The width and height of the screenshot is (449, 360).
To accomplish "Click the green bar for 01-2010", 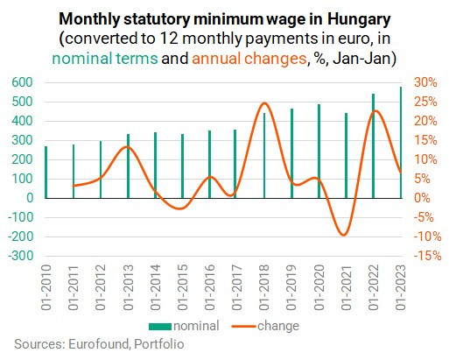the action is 46,173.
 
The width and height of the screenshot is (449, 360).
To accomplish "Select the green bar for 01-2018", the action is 264,156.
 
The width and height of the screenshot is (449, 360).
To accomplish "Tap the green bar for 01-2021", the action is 347,156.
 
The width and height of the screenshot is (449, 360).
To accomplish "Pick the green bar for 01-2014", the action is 155,166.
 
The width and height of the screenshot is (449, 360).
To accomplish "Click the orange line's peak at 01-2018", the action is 264,102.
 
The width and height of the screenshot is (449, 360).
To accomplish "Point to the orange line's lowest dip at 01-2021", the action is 344,235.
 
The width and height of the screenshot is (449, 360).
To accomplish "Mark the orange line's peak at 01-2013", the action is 127,146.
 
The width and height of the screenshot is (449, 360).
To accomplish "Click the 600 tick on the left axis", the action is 23,82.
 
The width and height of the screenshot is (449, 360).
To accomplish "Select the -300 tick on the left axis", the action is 21,256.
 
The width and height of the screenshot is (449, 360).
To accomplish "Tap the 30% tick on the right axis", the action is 426,82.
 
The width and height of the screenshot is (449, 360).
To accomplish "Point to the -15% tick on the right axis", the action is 428,256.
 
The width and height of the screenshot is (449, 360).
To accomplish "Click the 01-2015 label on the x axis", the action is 183,287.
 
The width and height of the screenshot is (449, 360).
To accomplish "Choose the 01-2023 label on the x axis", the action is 401,287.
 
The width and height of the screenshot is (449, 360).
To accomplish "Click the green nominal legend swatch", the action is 160,327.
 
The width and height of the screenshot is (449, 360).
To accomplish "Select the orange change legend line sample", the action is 243,327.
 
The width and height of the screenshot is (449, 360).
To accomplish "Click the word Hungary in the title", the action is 359,19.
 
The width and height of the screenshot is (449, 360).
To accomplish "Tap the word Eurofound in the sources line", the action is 99,344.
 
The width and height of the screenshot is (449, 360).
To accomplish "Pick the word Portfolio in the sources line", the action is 159,344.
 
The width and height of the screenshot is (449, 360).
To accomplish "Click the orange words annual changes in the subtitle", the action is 249,59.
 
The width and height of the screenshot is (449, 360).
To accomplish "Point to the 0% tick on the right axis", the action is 423,198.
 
